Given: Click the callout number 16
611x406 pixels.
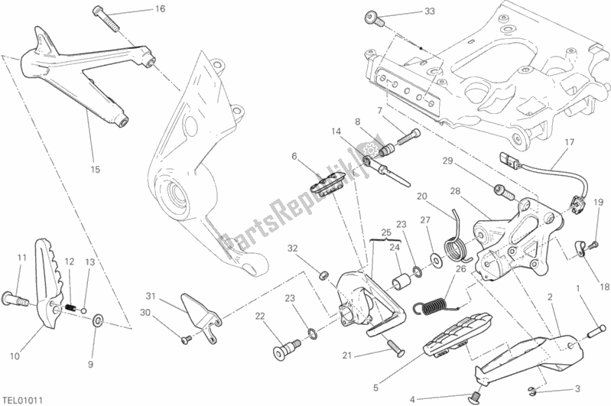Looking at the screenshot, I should click(160, 9).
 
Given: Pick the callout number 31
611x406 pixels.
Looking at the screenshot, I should click(151, 297).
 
